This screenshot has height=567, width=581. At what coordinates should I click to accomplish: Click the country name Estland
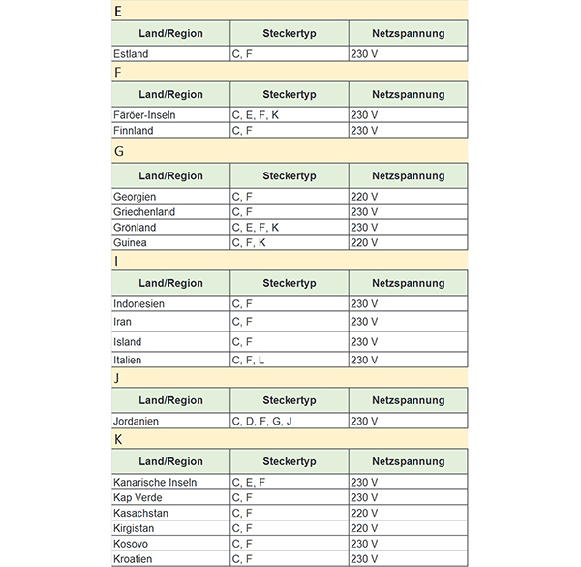click(x=131, y=54)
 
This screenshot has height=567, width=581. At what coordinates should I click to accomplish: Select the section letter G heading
click(x=119, y=151)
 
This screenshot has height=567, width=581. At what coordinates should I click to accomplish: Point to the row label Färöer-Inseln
click(x=144, y=115)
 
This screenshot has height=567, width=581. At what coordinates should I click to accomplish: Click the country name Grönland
click(x=135, y=227)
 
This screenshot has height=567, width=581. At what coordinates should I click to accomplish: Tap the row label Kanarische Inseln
click(x=155, y=482)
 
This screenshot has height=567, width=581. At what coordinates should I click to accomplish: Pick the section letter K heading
click(x=118, y=439)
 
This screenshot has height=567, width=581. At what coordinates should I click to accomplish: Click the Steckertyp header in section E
click(x=289, y=33)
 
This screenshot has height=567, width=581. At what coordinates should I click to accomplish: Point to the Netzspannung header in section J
click(x=408, y=400)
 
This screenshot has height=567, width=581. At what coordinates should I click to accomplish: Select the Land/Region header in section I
click(x=170, y=283)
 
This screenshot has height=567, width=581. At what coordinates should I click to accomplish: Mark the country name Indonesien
click(x=138, y=303)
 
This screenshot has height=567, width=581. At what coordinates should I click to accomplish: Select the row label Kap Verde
click(x=138, y=497)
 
